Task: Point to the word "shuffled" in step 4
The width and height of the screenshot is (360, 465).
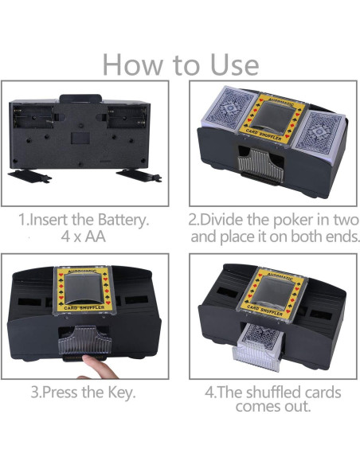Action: click(x=276, y=393)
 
